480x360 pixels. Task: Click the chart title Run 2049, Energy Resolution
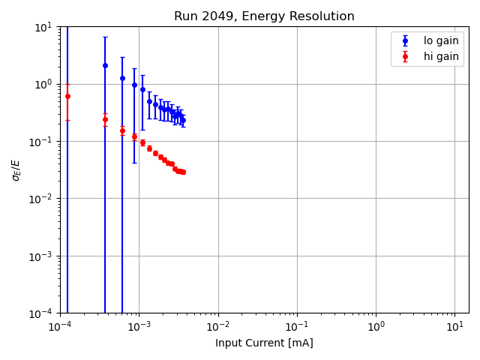264,16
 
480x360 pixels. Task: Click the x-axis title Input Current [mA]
264,343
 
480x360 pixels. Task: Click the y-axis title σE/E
16,169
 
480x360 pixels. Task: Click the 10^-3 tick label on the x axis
139,326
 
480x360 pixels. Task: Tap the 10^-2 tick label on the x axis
218,326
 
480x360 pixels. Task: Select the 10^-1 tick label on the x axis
297,326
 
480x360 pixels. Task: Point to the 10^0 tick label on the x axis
376,326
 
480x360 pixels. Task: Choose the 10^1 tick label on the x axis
454,326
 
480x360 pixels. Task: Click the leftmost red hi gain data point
67,96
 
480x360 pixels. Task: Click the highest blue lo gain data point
105,65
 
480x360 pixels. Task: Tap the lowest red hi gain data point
183,172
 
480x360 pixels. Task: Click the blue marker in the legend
405,40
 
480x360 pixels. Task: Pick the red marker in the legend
405,56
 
